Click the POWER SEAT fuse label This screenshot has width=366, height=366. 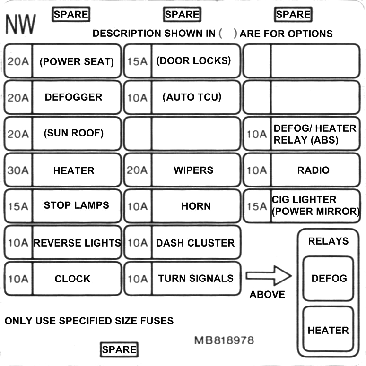click(x=77, y=61)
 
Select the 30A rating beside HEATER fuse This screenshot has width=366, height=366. click(x=18, y=170)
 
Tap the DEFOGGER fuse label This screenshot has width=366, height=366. click(x=73, y=97)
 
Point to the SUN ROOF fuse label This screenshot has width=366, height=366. click(x=73, y=133)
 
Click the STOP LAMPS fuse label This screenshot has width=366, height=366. click(x=76, y=205)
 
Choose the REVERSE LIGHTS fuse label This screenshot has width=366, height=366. click(x=77, y=243)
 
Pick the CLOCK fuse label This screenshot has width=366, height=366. click(x=72, y=279)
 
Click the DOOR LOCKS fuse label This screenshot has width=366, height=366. click(x=193, y=61)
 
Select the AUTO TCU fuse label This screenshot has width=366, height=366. click(x=192, y=97)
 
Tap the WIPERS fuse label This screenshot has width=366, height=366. click(x=193, y=170)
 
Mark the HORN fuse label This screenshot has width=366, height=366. click(x=196, y=206)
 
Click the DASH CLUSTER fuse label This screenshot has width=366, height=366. click(x=195, y=243)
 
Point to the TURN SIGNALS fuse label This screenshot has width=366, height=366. click(x=196, y=279)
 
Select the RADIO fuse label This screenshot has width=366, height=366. click(x=313, y=170)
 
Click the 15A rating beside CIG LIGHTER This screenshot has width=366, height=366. click(x=257, y=206)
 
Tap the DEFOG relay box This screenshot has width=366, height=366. click(x=328, y=279)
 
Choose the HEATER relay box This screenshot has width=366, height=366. click(x=328, y=330)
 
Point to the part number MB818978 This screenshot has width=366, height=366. click(x=224, y=340)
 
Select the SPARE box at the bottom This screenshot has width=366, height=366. click(x=119, y=349)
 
